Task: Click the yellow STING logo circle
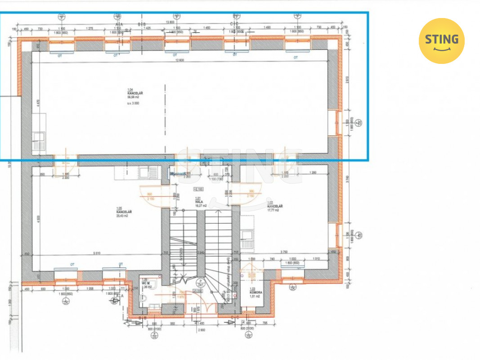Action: coord(441,41)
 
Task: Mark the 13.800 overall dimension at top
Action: coord(170,22)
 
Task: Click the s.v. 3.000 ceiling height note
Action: coord(134,103)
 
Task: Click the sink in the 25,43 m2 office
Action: coord(148,172)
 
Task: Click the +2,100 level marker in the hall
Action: coord(198,189)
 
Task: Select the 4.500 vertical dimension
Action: coord(38,219)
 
